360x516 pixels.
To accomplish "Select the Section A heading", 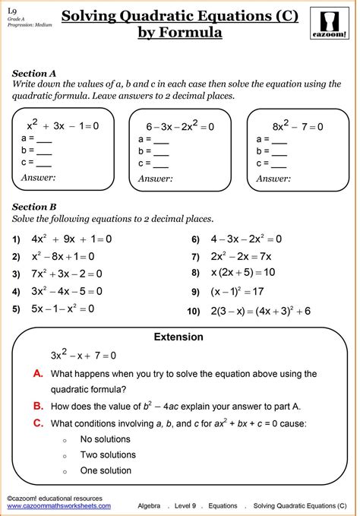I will click(34, 73).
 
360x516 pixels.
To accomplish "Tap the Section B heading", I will click(34, 206).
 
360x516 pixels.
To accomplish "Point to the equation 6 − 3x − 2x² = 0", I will click(179, 126).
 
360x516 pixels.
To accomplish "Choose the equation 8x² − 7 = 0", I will click(298, 126).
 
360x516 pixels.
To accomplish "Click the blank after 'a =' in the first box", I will click(44, 140).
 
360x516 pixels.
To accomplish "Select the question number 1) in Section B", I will click(16, 239).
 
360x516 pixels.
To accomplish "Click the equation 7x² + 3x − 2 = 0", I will click(67, 274).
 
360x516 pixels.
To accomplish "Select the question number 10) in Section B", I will click(194, 312).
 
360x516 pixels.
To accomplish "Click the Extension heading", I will click(178, 337).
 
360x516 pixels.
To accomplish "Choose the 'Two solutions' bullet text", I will click(108, 455).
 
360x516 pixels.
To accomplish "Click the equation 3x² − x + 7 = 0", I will click(83, 355).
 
